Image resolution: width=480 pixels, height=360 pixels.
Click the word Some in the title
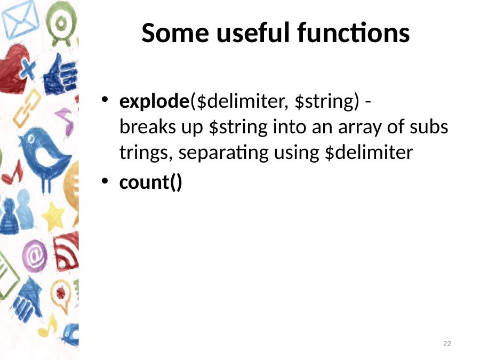(175, 33)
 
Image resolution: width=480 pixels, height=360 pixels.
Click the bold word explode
(154, 101)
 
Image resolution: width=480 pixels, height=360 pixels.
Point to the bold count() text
(150, 182)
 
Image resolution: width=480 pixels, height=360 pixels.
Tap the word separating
(223, 153)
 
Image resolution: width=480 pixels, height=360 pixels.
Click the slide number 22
(447, 343)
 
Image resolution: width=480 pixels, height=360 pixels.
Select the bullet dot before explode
(105, 100)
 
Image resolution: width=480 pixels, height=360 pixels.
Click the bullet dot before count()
(105, 181)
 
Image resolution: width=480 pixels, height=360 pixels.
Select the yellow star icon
(53, 216)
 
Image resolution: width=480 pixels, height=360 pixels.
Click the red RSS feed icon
(66, 252)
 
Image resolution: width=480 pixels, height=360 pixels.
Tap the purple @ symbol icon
(35, 256)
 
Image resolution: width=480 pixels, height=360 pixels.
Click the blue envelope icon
(20, 20)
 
